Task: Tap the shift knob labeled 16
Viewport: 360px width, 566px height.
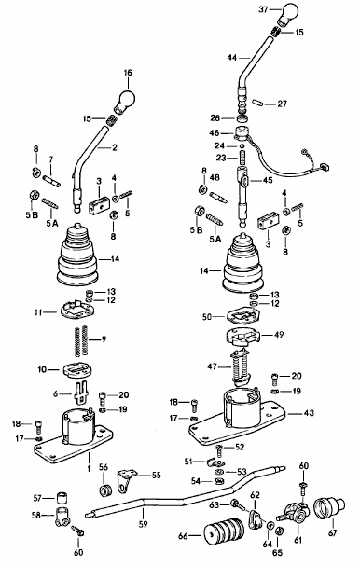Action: point(125,100)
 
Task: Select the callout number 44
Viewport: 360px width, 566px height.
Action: point(232,58)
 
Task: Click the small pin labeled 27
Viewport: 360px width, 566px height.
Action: point(256,102)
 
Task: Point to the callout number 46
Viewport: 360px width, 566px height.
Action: point(215,133)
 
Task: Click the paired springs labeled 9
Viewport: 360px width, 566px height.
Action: point(81,339)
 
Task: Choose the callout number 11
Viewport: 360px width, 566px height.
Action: point(39,312)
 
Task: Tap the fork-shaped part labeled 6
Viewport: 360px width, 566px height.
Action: point(81,392)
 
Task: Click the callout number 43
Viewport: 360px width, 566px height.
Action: point(309,412)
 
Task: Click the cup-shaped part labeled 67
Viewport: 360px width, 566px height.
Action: point(327,509)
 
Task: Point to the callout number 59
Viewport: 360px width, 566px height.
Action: point(144,524)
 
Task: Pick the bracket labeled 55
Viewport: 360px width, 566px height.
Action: point(126,480)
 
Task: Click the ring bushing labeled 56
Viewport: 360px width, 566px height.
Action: point(105,491)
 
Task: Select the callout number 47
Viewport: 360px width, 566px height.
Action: point(213,366)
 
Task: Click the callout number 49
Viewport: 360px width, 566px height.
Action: point(279,334)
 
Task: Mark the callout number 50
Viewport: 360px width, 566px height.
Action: point(208,317)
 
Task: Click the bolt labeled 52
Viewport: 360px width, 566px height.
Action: point(220,451)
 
